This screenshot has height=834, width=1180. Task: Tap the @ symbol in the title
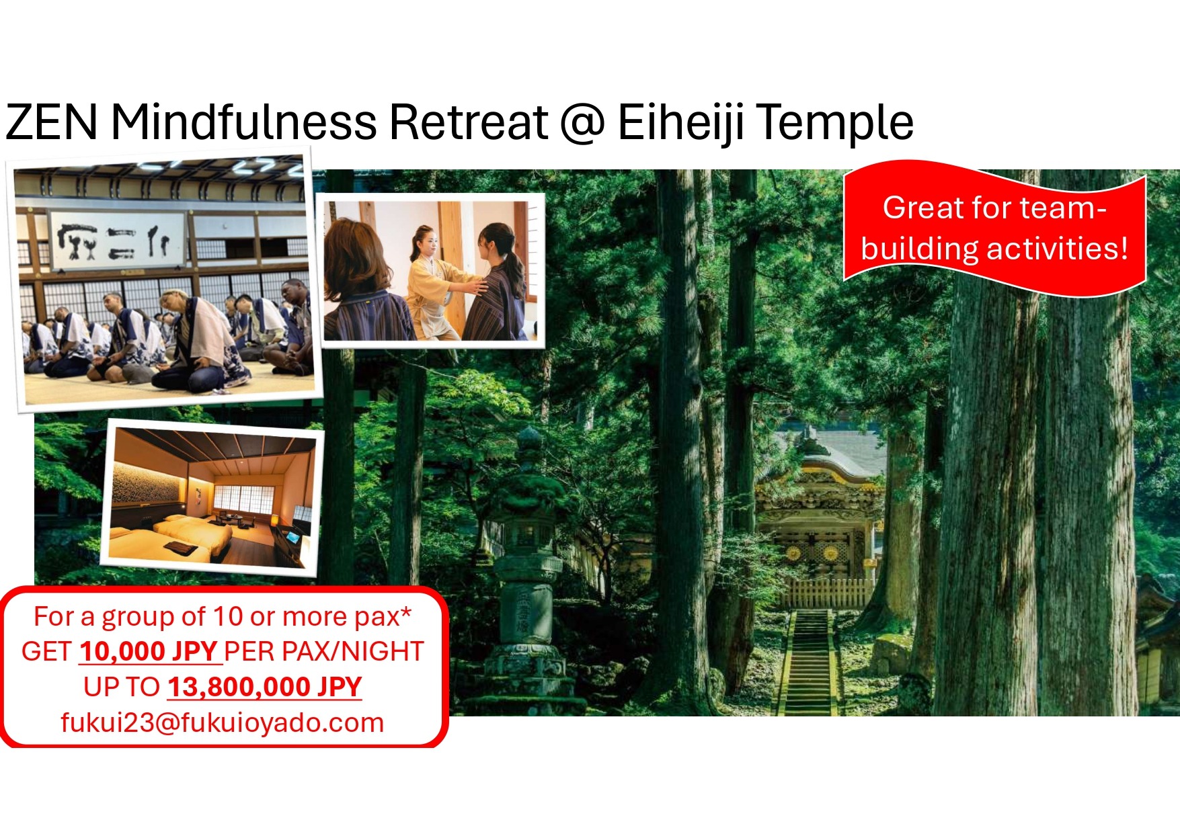(x=582, y=122)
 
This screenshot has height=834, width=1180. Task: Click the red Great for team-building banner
(x=994, y=228)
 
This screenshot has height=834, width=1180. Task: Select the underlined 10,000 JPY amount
(x=149, y=651)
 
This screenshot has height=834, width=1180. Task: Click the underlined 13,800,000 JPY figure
(x=265, y=687)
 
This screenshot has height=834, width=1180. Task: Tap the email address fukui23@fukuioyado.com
(x=223, y=723)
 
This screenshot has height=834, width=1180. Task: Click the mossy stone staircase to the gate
(x=808, y=662)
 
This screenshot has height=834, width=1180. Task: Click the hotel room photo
(x=212, y=497)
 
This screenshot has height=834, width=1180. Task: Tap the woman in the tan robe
(x=436, y=282)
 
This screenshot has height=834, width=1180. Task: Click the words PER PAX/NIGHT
(x=323, y=651)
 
